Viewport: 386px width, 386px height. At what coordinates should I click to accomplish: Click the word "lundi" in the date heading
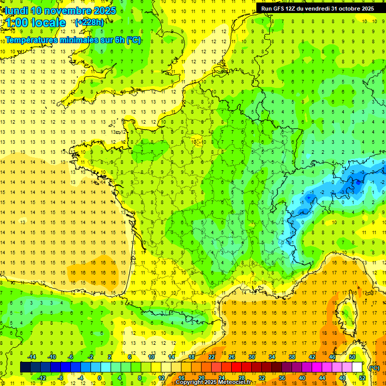(16, 11)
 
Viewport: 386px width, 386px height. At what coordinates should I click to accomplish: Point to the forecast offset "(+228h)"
(89, 22)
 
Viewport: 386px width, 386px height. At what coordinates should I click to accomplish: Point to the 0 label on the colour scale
(100, 377)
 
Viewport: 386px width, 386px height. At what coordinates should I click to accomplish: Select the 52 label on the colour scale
(362, 377)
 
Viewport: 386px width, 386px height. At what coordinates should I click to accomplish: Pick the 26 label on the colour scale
(232, 357)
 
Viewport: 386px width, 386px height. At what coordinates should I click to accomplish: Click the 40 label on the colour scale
(302, 377)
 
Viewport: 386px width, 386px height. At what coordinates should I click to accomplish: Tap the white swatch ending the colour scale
(357, 367)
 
